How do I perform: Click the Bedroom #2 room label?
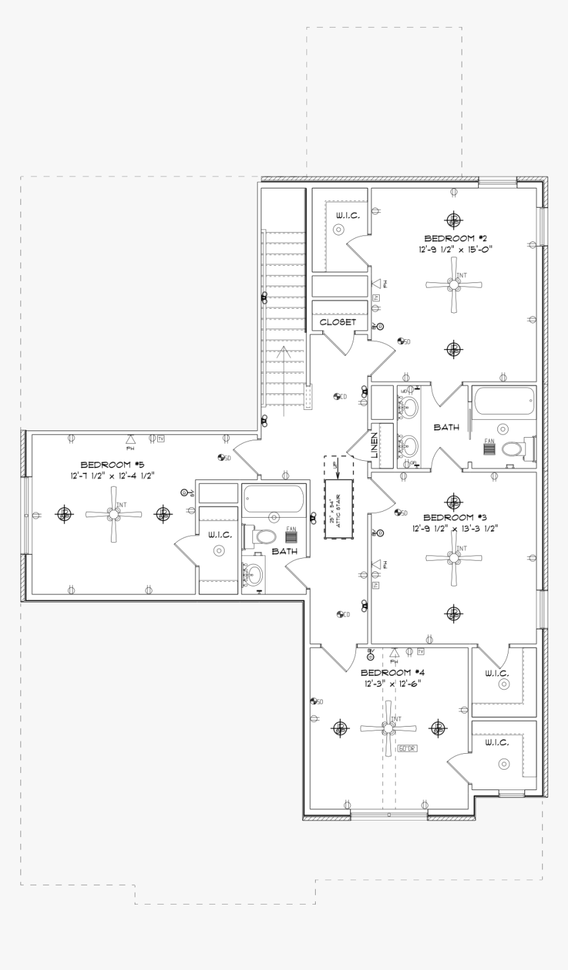click(455, 238)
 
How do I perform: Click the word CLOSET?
click(337, 322)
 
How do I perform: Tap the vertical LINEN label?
click(374, 445)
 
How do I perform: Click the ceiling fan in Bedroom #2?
click(453, 285)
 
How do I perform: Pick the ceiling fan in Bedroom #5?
click(114, 514)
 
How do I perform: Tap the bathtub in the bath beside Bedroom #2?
click(503, 401)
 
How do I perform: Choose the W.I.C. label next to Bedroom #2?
click(347, 215)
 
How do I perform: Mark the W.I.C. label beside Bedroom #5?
click(219, 535)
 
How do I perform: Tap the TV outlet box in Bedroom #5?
click(160, 438)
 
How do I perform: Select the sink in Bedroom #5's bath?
click(254, 573)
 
